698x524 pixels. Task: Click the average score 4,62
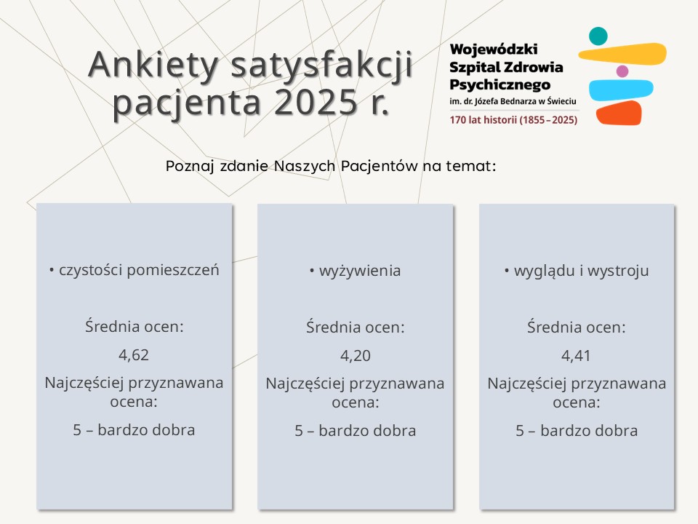pos(134,355)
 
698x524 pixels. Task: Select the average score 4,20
pos(355,356)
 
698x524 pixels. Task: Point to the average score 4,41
pos(577,356)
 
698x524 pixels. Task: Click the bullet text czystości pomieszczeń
pos(138,271)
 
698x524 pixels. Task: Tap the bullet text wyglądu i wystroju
pos(581,271)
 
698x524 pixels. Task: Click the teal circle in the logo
pos(598,36)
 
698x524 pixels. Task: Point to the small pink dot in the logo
pos(622,71)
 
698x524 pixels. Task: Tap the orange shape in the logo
pos(619,113)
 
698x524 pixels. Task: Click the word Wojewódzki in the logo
pos(494,49)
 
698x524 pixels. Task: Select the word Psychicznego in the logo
pos(500,84)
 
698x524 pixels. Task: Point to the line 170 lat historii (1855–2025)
pos(513,119)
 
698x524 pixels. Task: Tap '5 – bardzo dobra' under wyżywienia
pos(355,430)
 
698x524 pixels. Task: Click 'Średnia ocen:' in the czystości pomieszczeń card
pos(134,327)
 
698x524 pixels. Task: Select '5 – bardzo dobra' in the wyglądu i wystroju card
pos(577,430)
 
